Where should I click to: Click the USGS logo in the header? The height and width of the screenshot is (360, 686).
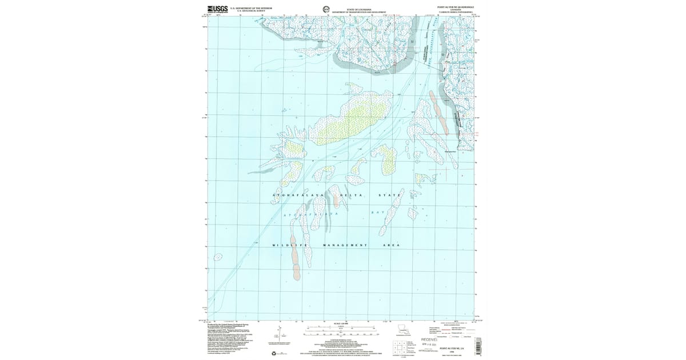[218, 9]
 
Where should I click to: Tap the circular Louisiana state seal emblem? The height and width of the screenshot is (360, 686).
[326, 9]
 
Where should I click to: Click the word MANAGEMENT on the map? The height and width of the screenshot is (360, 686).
[345, 245]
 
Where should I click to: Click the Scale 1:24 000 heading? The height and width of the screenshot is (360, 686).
[340, 323]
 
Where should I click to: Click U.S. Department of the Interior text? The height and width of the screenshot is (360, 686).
[250, 8]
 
